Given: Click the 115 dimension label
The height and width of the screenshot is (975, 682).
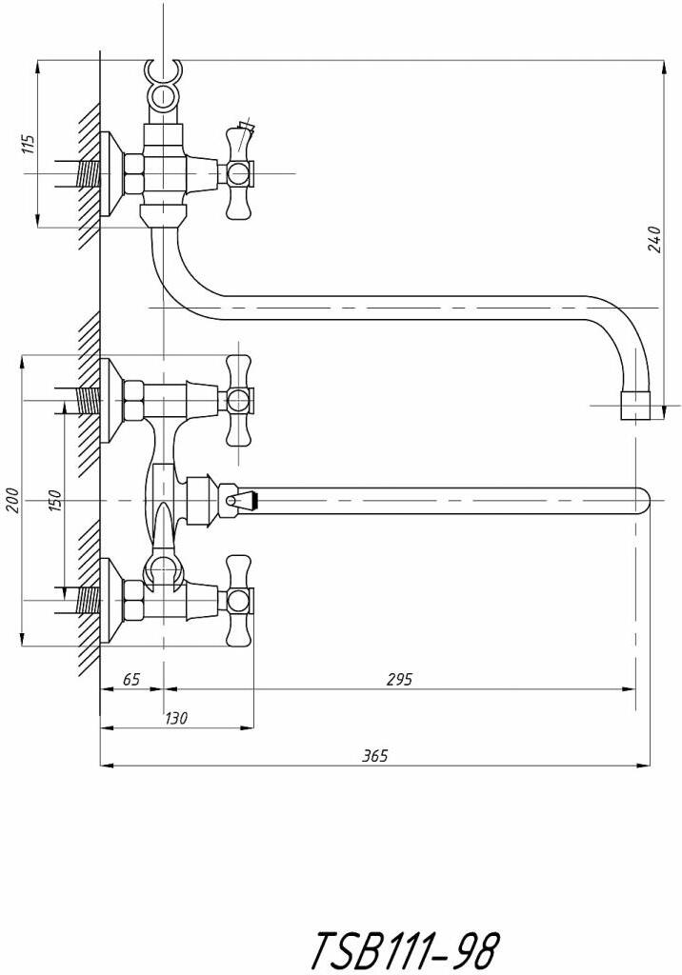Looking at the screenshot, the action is coord(29,144).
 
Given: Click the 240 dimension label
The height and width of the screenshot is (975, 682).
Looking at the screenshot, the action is coord(654,240).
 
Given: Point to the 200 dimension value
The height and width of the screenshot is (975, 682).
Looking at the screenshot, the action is coord(14,500).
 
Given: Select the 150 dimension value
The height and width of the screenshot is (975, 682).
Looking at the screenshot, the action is coord(55,501).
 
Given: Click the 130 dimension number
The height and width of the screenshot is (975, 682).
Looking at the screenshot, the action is coord(176,718).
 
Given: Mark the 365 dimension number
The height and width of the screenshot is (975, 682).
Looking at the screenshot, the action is coord(375,755).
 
